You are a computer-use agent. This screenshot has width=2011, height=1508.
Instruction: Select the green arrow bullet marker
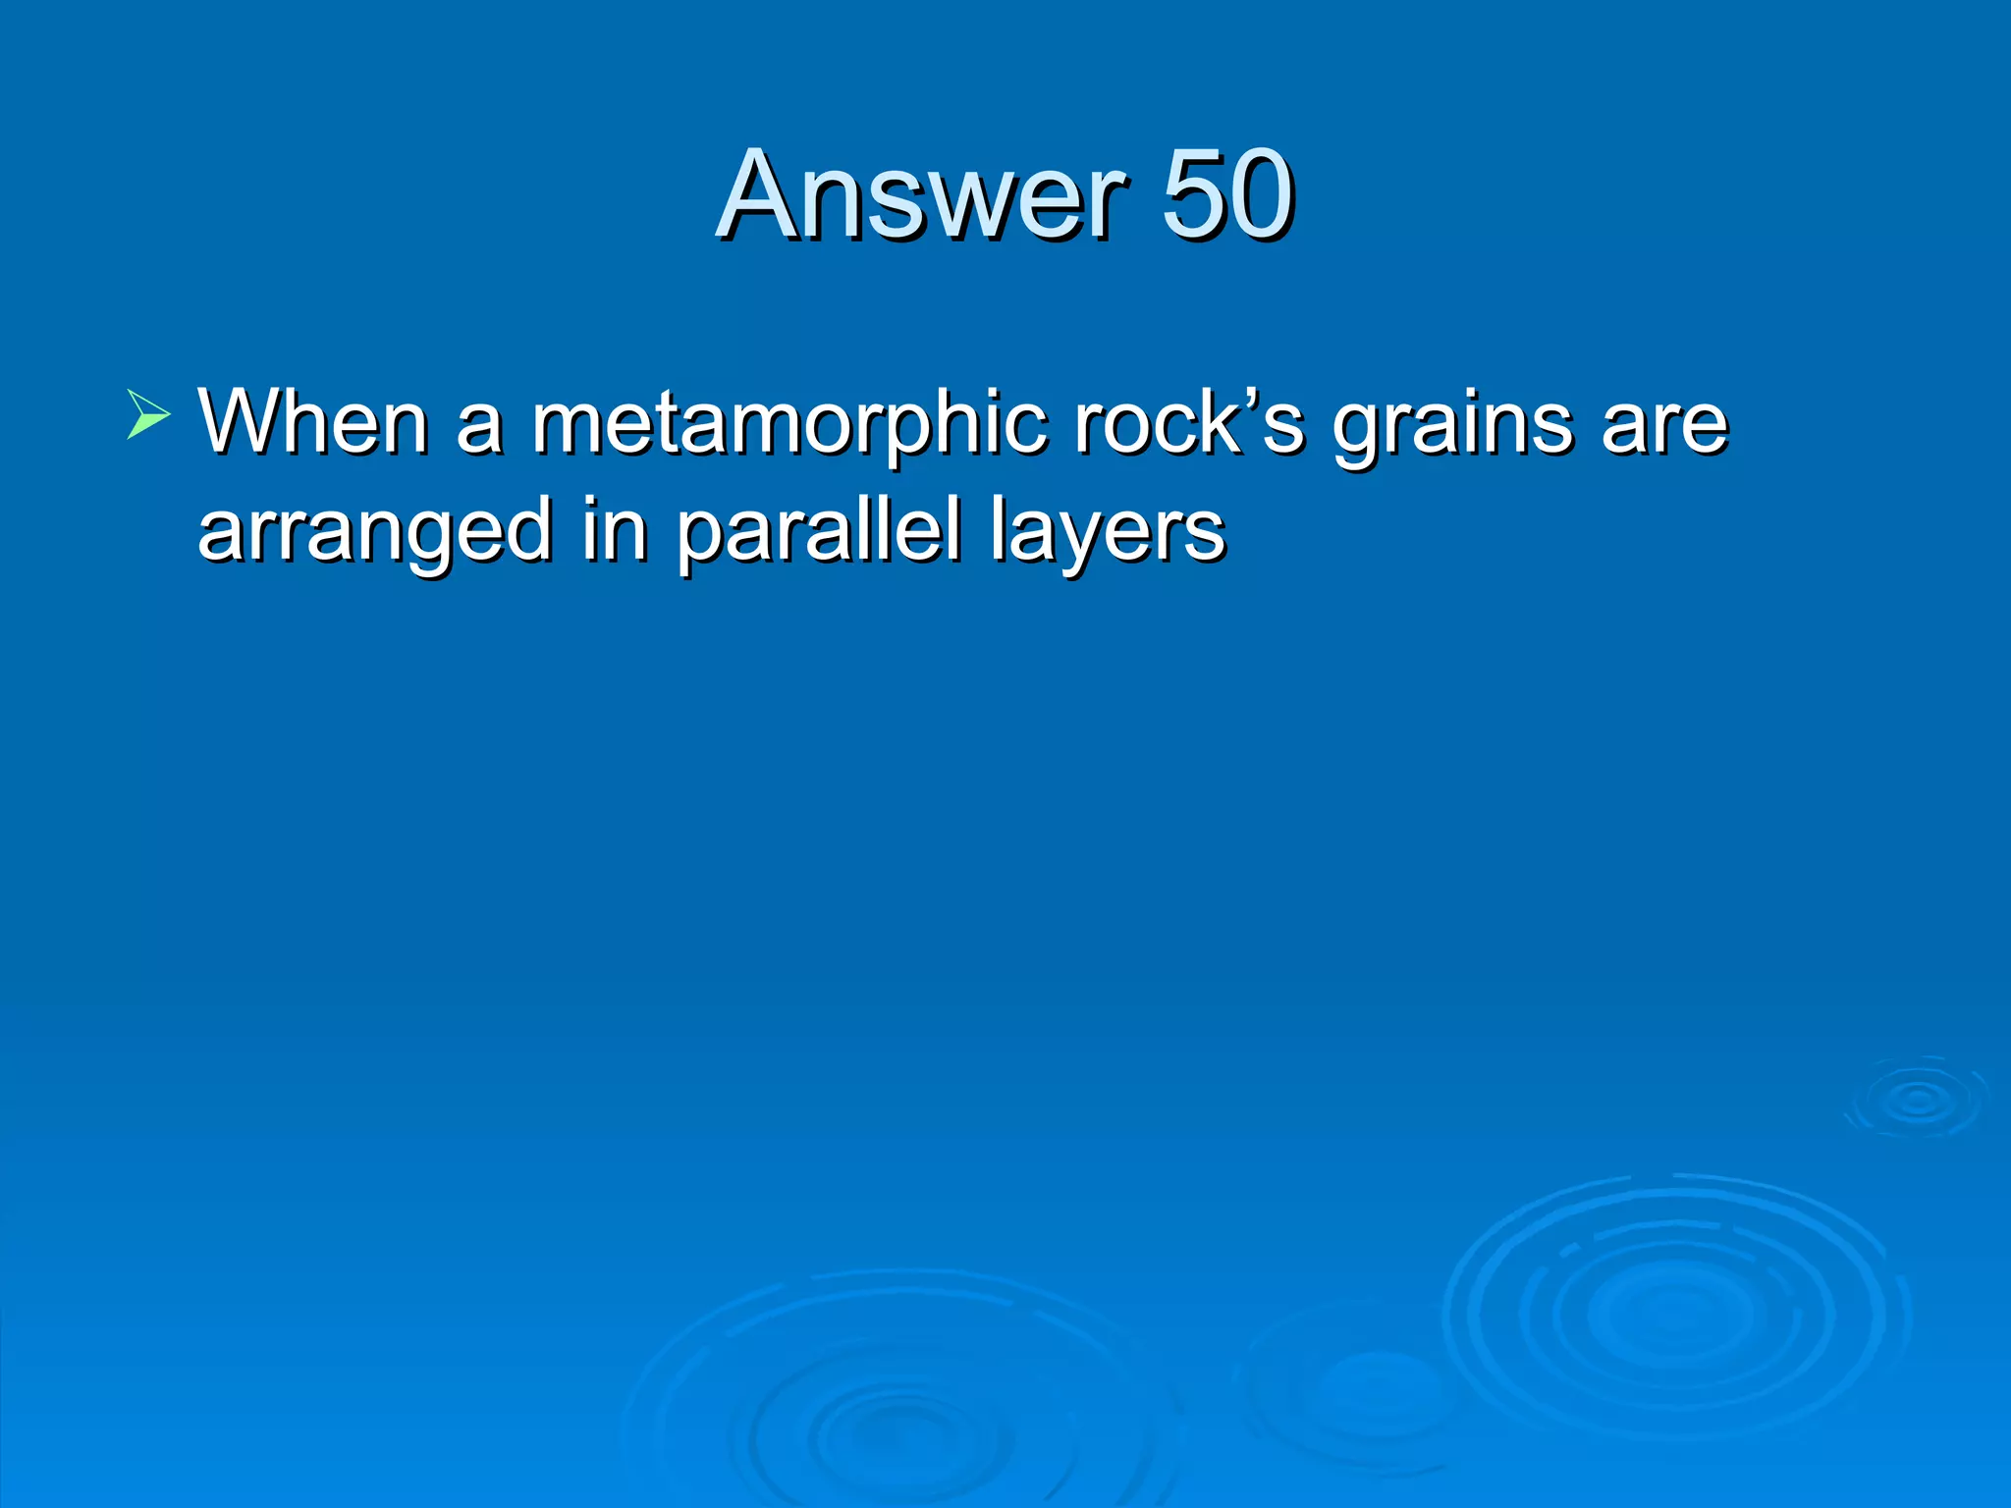(x=148, y=413)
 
